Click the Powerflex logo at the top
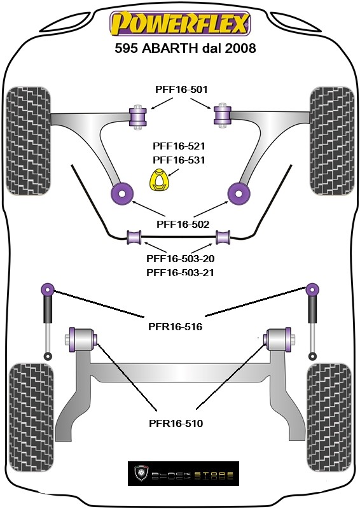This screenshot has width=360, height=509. (180, 24)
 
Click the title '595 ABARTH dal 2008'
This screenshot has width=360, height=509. (185, 48)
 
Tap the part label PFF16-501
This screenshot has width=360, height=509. (181, 89)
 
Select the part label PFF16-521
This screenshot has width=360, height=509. (179, 146)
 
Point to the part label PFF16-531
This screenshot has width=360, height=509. (179, 160)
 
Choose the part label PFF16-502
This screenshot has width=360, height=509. (183, 224)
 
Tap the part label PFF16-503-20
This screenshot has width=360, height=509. (181, 259)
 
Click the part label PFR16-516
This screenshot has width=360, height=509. (176, 326)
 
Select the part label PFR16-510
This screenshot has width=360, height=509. (176, 423)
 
